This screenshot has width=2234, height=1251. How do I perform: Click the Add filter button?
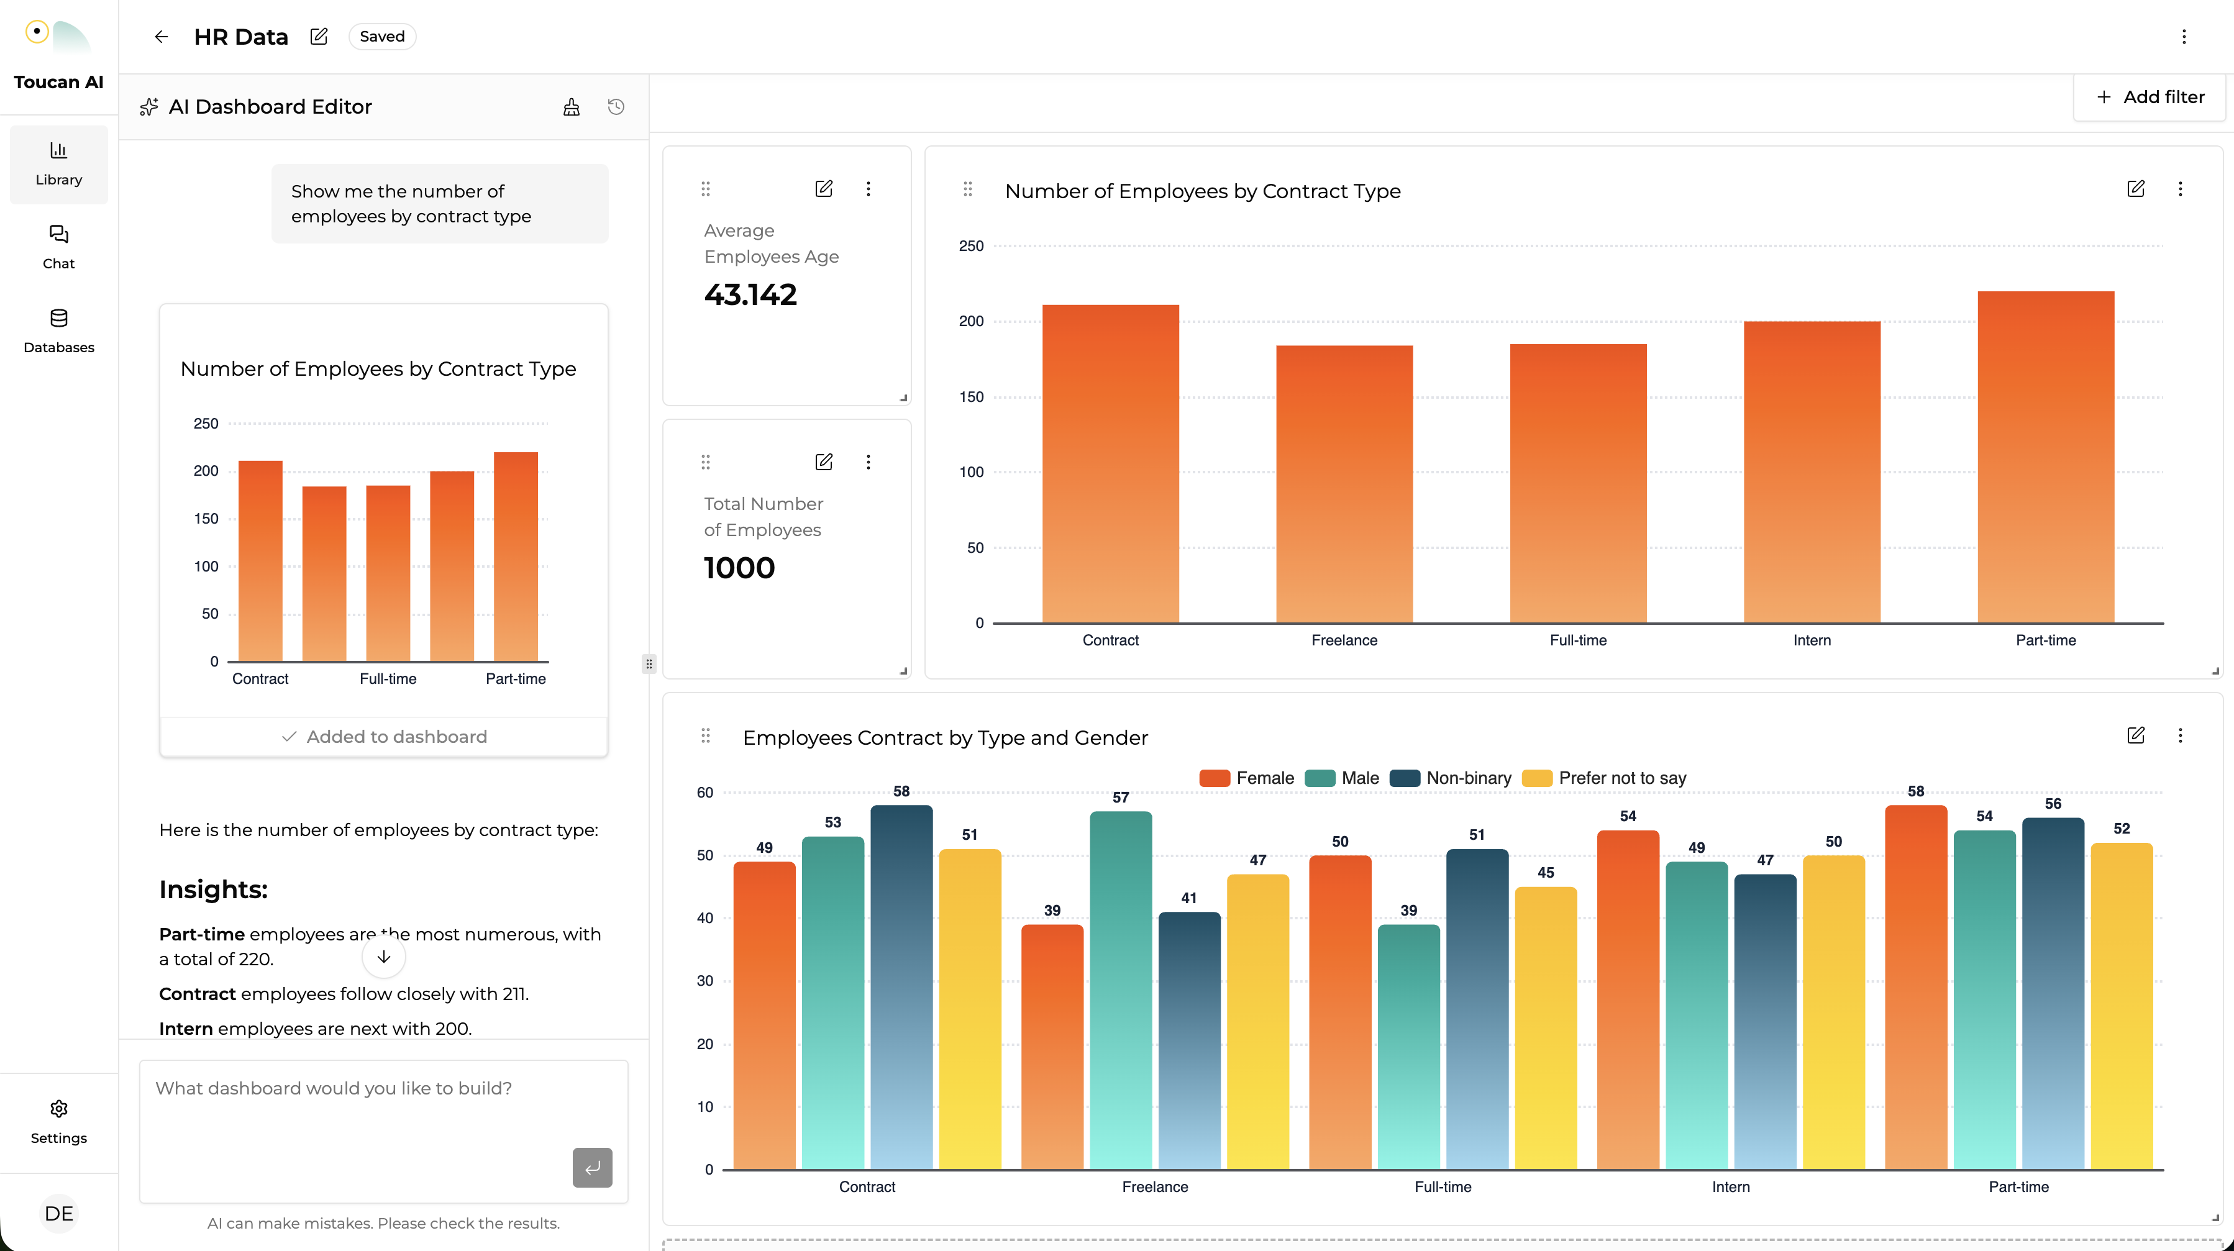pyautogui.click(x=2150, y=97)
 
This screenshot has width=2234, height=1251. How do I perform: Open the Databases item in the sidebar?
pyautogui.click(x=58, y=330)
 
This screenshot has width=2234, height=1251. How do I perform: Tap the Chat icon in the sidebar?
pyautogui.click(x=58, y=235)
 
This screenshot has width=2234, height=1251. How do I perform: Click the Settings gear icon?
pyautogui.click(x=58, y=1109)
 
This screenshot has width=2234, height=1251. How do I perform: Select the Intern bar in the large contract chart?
pyautogui.click(x=1812, y=473)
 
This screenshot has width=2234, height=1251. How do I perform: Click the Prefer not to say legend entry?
pyautogui.click(x=1605, y=778)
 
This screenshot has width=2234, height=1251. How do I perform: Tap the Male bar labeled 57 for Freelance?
pyautogui.click(x=1121, y=988)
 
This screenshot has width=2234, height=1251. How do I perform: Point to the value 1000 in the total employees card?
pyautogui.click(x=739, y=568)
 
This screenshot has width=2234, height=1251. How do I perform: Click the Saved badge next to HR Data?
pyautogui.click(x=381, y=37)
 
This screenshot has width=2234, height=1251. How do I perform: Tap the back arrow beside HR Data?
pyautogui.click(x=162, y=37)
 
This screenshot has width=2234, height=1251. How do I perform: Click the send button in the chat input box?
pyautogui.click(x=591, y=1167)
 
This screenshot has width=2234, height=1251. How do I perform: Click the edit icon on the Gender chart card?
pyautogui.click(x=2135, y=736)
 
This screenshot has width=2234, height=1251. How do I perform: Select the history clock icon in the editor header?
pyautogui.click(x=616, y=107)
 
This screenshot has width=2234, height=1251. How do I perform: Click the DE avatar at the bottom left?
pyautogui.click(x=58, y=1213)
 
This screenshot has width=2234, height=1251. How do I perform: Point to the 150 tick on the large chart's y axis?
pyautogui.click(x=971, y=397)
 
